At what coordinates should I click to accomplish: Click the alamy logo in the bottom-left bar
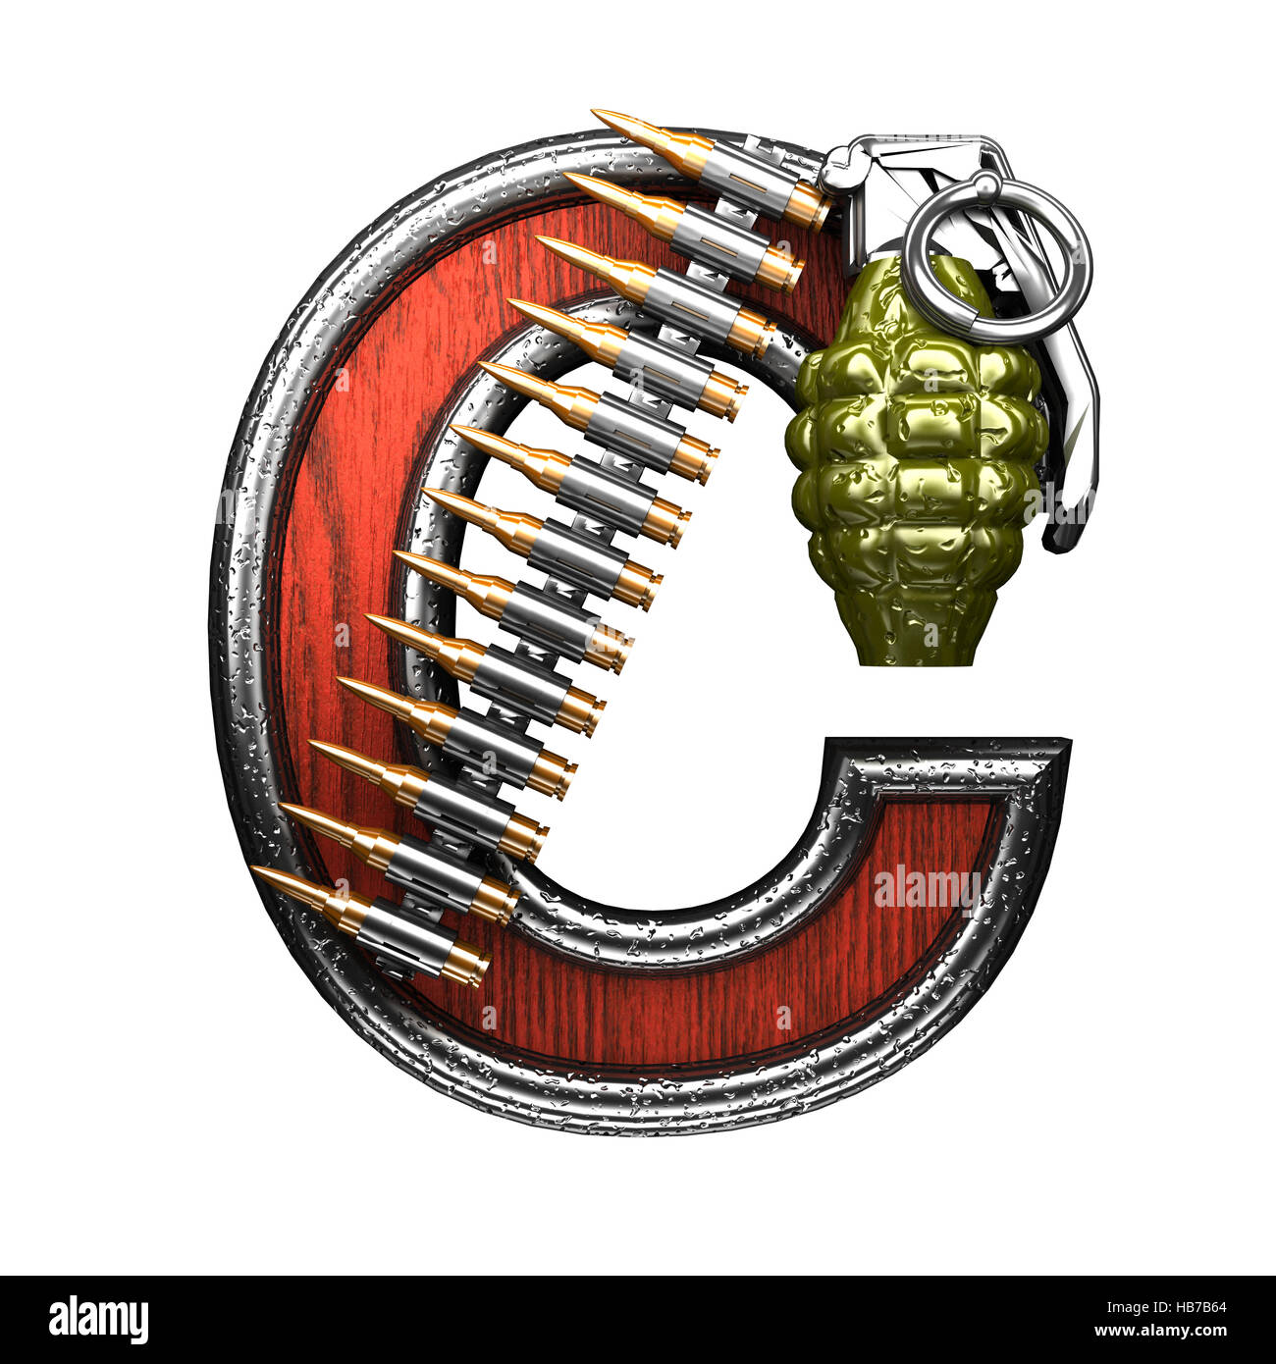point(98,1318)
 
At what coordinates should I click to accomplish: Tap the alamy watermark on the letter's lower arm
point(927,887)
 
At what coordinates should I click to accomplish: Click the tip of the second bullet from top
point(568,178)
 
